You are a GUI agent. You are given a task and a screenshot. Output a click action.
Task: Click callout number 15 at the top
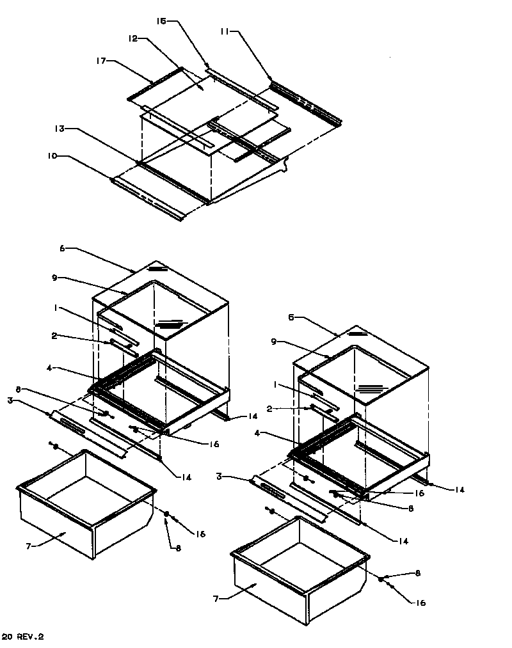161,21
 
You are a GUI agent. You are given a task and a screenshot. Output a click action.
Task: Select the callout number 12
133,38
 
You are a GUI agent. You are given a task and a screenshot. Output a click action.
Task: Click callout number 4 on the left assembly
50,368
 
